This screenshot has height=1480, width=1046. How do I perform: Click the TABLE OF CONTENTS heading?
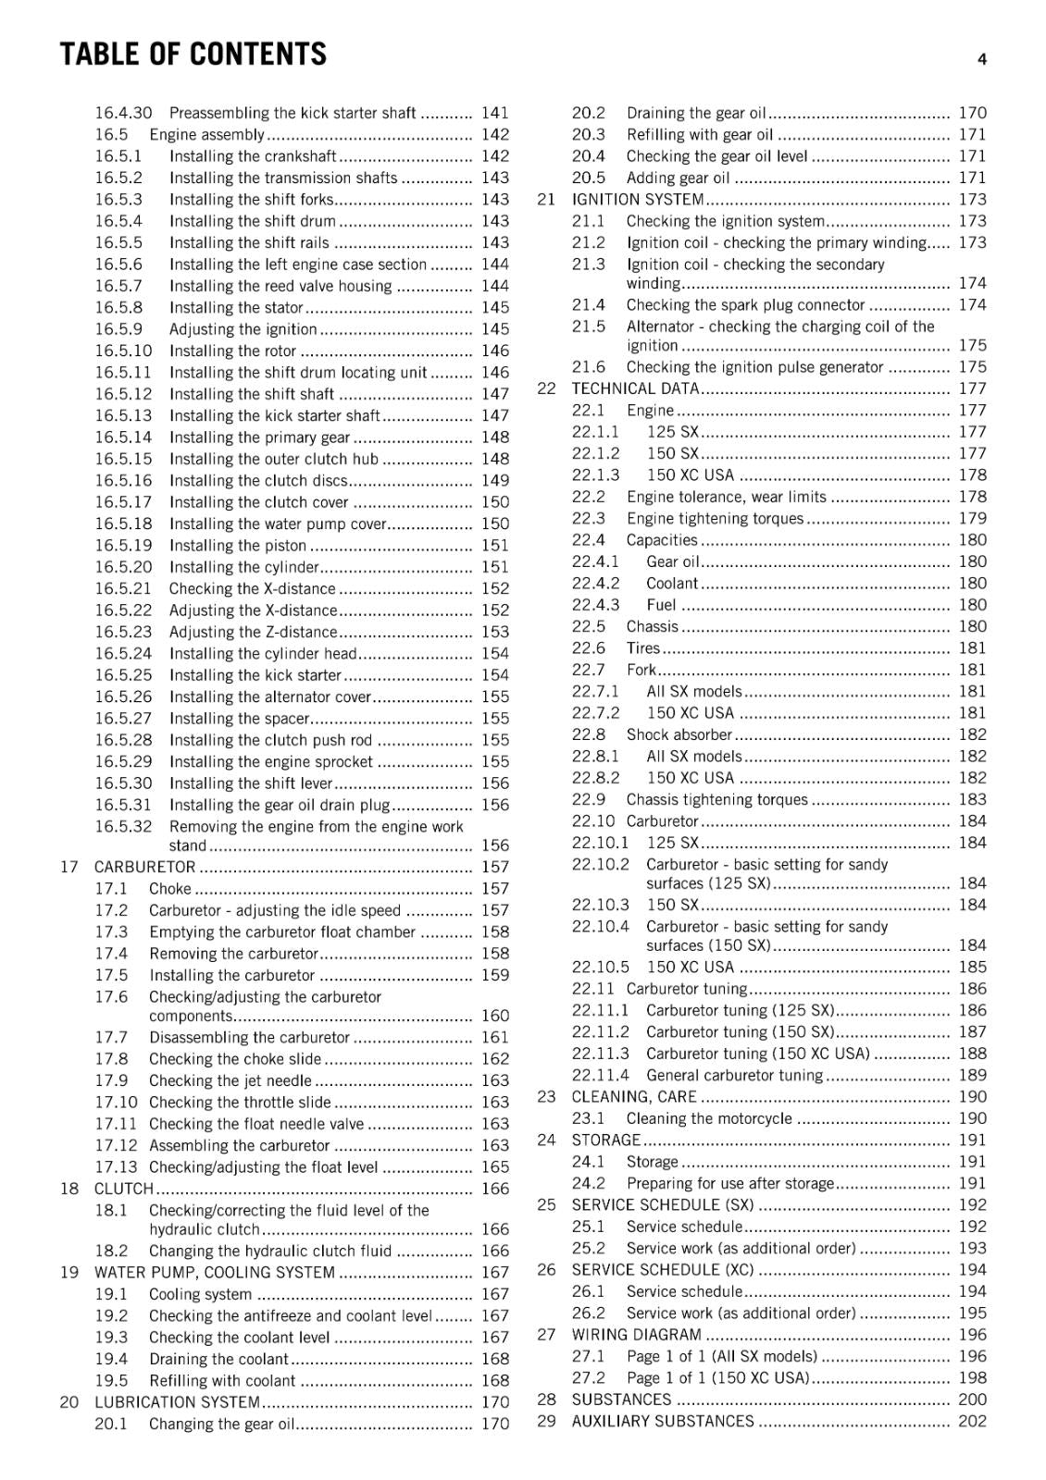tap(193, 55)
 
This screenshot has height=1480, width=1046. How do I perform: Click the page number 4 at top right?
tap(981, 59)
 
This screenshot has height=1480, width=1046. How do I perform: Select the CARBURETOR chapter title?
tap(144, 867)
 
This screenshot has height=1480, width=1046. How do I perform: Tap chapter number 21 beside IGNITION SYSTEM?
tap(546, 200)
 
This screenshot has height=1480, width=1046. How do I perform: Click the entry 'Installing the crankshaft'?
tap(252, 156)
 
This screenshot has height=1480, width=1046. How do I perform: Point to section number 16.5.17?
tap(122, 502)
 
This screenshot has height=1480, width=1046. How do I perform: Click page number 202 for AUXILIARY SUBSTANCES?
tap(972, 1421)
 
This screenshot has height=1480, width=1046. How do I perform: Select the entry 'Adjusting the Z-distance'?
tap(252, 632)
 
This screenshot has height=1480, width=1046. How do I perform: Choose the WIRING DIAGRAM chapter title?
tap(636, 1335)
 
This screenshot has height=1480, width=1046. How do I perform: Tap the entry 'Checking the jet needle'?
tap(230, 1080)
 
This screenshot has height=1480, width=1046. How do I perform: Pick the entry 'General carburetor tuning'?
tap(734, 1075)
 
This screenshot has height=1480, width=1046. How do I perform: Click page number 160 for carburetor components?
tap(495, 1016)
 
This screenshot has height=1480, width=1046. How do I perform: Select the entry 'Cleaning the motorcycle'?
tap(709, 1118)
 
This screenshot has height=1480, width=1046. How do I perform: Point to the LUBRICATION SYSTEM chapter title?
tap(177, 1402)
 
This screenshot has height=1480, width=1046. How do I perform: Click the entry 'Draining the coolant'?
tap(218, 1359)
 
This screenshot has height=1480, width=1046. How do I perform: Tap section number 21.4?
tap(588, 304)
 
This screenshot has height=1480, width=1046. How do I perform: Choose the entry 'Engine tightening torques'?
tap(715, 518)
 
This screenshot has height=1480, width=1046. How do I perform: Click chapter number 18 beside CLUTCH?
tap(69, 1189)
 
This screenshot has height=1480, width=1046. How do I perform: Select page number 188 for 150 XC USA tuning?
tap(972, 1054)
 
